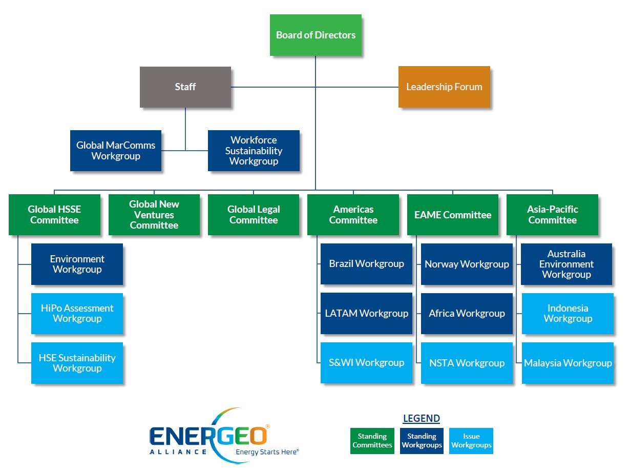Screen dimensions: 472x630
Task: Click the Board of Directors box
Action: coord(316,35)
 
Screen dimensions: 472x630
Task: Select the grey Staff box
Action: coord(185,87)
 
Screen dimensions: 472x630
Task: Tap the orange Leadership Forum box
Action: coord(444,87)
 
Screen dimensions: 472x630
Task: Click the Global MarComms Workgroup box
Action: coord(116,151)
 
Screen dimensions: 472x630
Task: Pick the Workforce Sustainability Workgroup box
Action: coord(254,151)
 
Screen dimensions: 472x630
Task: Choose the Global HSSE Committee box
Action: coord(54,215)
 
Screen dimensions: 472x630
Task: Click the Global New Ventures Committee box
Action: coord(154,215)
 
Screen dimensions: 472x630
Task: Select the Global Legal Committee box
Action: coord(254,215)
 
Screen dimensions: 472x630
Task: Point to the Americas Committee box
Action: coord(353,215)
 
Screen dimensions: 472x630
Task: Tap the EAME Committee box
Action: coord(452,215)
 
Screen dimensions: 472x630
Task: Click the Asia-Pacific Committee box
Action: coord(552,215)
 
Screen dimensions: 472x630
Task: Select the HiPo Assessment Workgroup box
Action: coord(77,313)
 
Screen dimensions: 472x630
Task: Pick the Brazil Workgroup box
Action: coord(366,264)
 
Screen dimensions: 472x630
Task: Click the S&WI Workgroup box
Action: coord(366,363)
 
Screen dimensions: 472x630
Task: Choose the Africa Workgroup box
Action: coord(467,313)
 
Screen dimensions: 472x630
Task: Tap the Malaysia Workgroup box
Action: coord(568,363)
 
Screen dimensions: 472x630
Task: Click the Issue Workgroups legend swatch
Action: coord(471,441)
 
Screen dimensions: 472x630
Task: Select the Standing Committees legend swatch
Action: coord(372,441)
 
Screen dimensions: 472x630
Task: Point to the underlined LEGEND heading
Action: coord(421,419)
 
